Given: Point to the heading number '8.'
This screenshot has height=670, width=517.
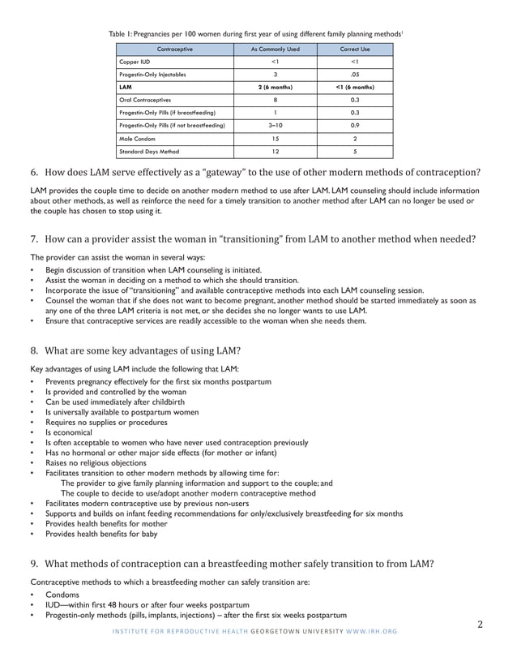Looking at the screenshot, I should pyautogui.click(x=35, y=351).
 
